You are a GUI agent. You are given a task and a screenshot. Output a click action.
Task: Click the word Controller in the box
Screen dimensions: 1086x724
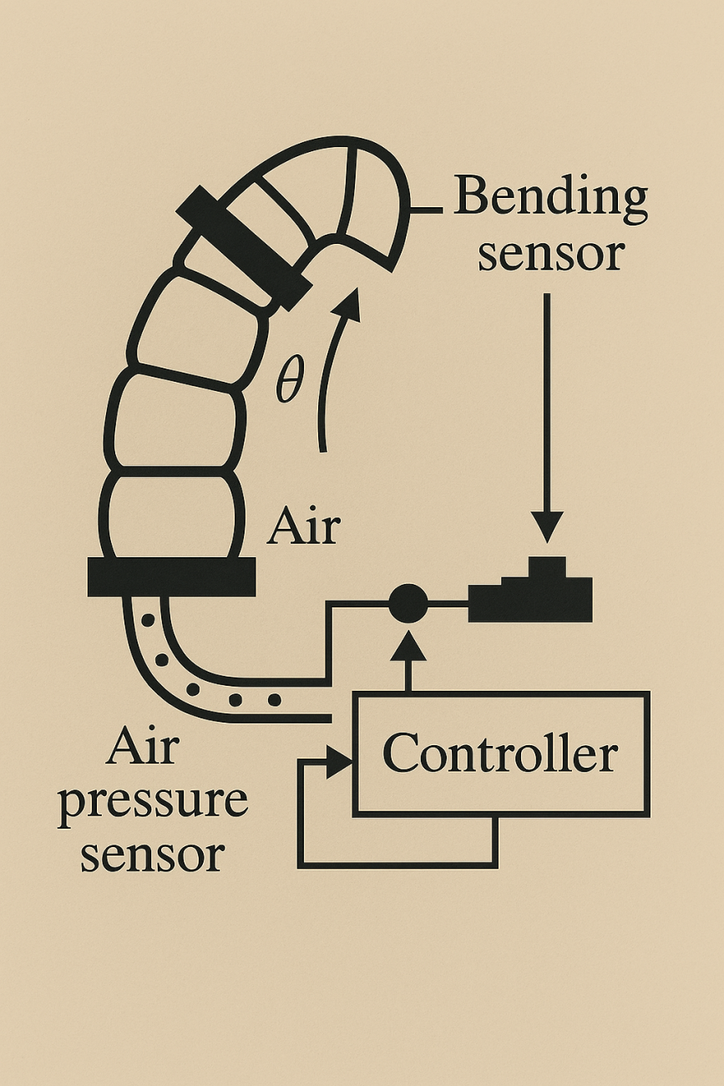(500, 754)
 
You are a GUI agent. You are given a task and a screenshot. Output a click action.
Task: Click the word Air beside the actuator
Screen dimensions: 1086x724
(303, 527)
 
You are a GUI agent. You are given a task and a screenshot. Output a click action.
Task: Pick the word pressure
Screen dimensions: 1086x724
(153, 802)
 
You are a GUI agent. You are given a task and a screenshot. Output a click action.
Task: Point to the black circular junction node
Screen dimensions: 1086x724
(408, 602)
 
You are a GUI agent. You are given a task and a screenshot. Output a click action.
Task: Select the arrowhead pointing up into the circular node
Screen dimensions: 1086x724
(408, 642)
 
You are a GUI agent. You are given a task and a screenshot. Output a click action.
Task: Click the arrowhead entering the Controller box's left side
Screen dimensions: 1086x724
(340, 761)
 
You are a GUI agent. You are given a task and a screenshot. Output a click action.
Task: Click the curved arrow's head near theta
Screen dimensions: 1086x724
(350, 304)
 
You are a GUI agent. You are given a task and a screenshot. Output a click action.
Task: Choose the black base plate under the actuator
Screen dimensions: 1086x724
(171, 577)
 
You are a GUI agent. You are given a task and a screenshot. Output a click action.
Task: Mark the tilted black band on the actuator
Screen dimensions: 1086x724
(242, 247)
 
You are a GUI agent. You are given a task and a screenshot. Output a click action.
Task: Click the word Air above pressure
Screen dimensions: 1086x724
(142, 748)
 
